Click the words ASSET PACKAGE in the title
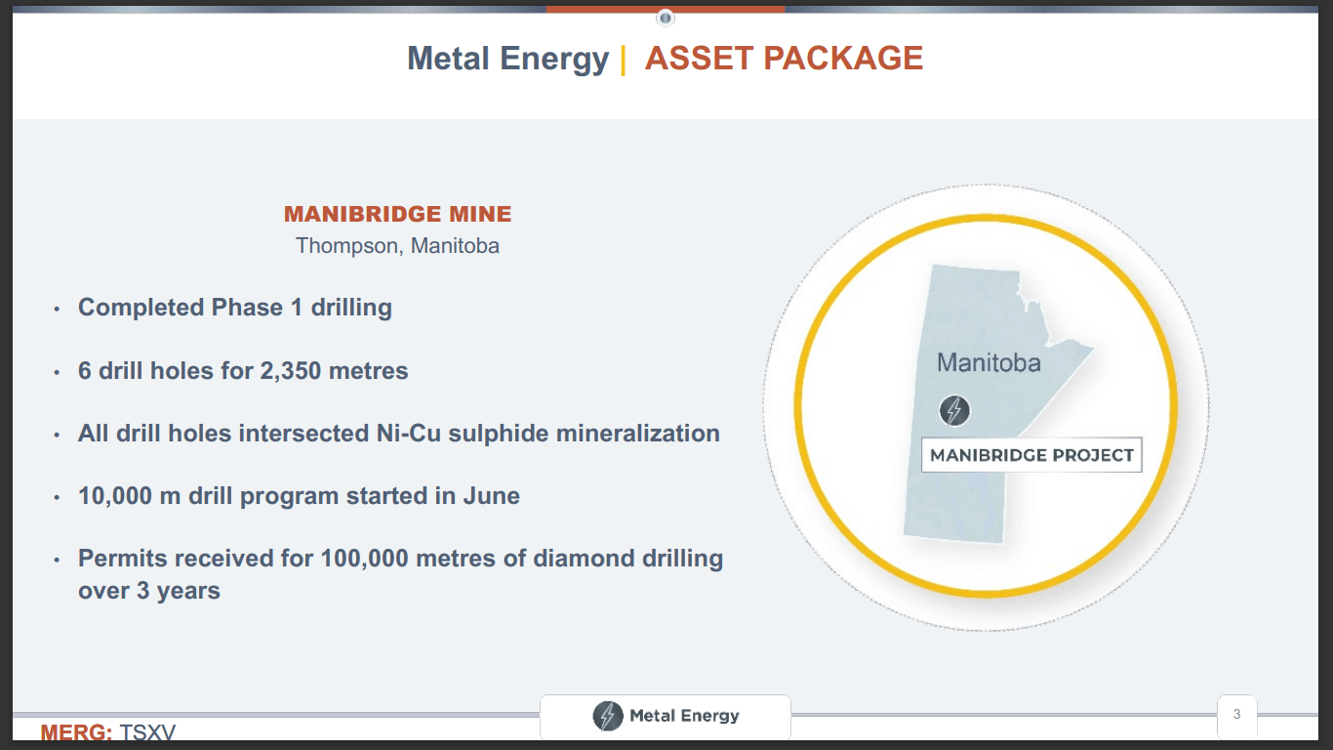pos(784,59)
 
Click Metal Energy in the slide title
pos(507,59)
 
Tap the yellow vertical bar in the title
pos(623,59)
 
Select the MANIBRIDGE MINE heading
pos(397,215)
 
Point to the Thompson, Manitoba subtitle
pos(397,245)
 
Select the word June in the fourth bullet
pos(492,496)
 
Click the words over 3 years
pos(148,591)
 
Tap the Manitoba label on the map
pos(989,363)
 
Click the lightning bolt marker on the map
pos(954,410)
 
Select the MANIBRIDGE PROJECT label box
pos(1031,455)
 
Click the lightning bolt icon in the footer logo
pos(608,716)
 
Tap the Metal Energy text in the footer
pos(684,716)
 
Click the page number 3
pos(1236,715)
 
